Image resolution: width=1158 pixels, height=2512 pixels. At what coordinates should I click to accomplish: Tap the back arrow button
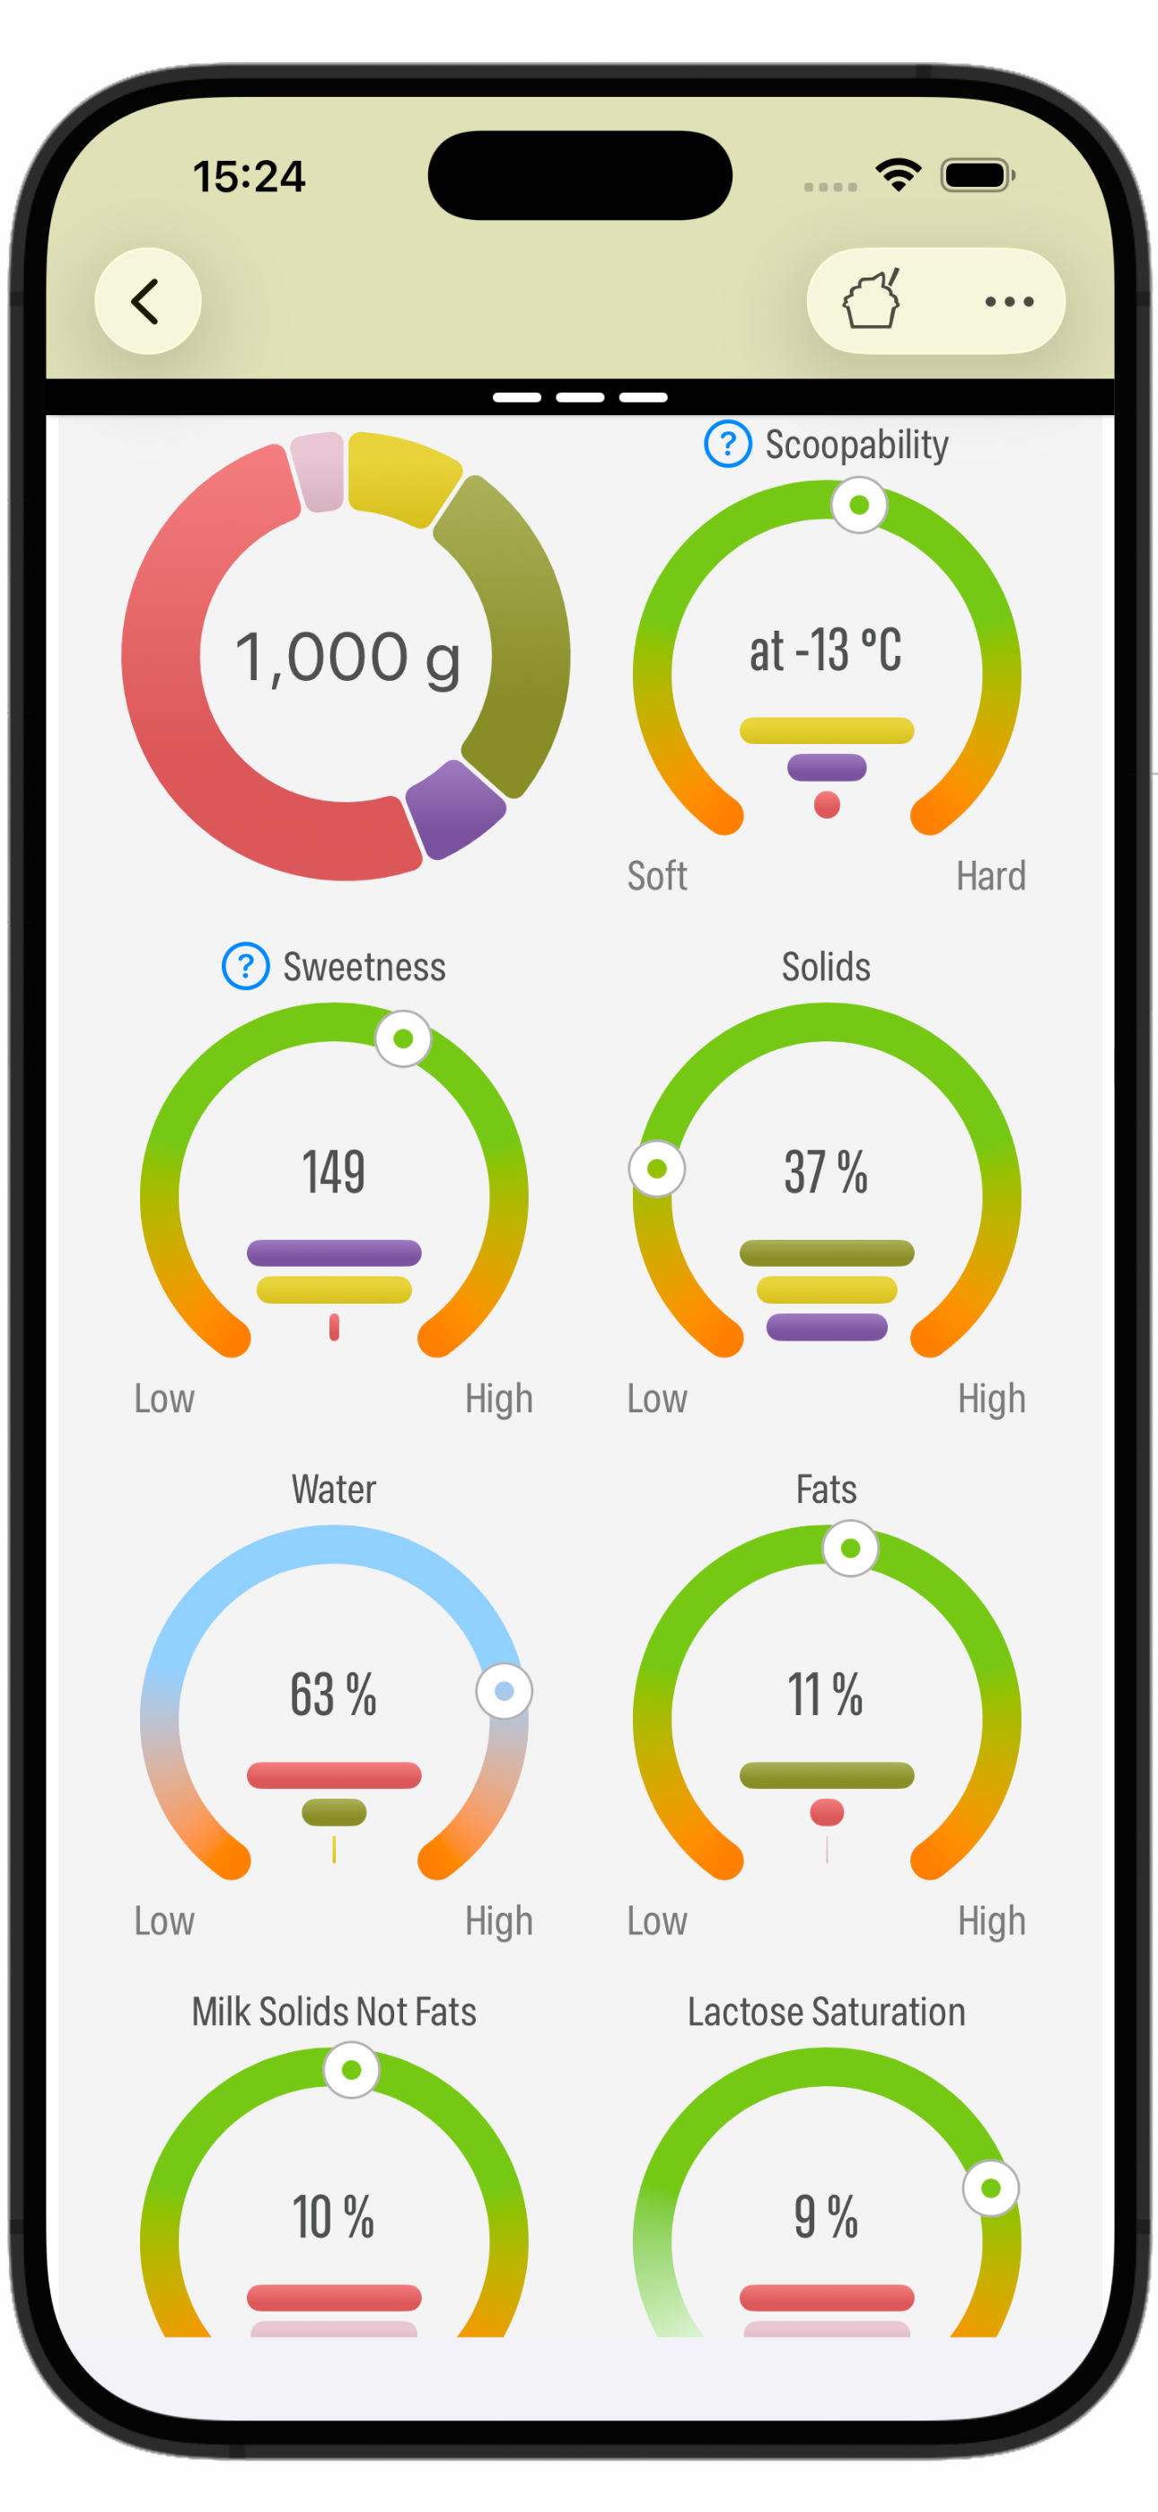coord(147,300)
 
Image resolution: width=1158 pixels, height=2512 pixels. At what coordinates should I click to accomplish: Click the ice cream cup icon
coord(871,299)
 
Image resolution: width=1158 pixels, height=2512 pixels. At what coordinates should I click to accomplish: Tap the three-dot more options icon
coord(1009,301)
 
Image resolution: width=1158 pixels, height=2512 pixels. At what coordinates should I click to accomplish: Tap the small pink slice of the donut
coord(319,471)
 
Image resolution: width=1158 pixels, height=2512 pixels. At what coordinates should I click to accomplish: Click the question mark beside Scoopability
coord(727,444)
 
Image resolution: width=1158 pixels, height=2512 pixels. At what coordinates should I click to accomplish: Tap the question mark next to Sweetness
coord(246,967)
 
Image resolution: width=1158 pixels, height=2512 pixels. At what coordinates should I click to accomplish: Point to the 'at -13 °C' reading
coord(826,650)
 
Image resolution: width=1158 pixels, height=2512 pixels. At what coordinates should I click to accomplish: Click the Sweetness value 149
coord(333,1172)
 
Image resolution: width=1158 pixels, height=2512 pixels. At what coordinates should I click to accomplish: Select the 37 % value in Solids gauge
coord(826,1172)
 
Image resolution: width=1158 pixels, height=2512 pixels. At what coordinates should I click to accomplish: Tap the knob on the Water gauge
coord(504,1691)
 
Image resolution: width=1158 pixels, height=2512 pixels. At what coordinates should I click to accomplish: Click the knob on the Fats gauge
coord(850,1549)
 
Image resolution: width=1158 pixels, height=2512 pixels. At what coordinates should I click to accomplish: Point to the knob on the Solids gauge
coord(657,1168)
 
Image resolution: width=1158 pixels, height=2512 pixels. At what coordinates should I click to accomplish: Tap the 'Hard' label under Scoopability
coord(990,876)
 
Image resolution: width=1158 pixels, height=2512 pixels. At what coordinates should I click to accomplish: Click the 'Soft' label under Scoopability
coord(657,876)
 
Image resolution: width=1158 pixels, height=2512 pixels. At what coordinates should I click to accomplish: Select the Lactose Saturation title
coord(826,2012)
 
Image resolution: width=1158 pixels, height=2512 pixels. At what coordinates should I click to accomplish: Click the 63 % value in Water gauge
coord(333,1694)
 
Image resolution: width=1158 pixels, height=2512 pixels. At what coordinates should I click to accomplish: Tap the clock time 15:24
coord(249,176)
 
